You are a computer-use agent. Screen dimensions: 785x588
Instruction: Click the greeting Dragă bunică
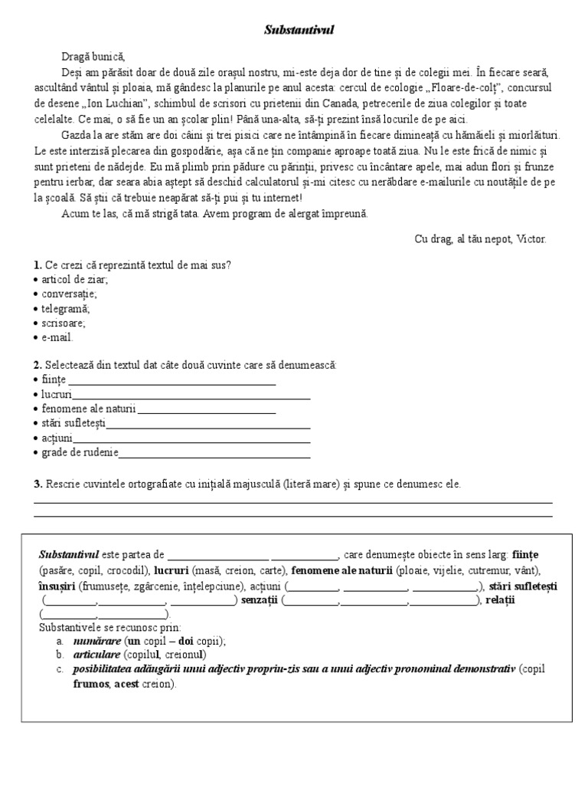[x=93, y=56]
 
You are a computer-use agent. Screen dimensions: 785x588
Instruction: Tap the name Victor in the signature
[x=531, y=238]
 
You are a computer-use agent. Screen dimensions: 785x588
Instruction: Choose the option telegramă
[x=64, y=308]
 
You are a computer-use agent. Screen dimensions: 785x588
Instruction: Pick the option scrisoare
[x=63, y=323]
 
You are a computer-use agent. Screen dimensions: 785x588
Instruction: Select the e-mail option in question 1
[x=57, y=337]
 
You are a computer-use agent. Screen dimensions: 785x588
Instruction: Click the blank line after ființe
[x=172, y=381]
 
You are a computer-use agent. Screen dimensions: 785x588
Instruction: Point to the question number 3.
[x=38, y=484]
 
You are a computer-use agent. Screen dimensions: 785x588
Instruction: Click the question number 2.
[x=38, y=365]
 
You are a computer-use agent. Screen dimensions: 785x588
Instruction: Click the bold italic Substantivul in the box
[x=69, y=554]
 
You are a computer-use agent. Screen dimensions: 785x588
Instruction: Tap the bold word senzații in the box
[x=259, y=600]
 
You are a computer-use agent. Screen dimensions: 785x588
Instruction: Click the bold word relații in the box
[x=500, y=600]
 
